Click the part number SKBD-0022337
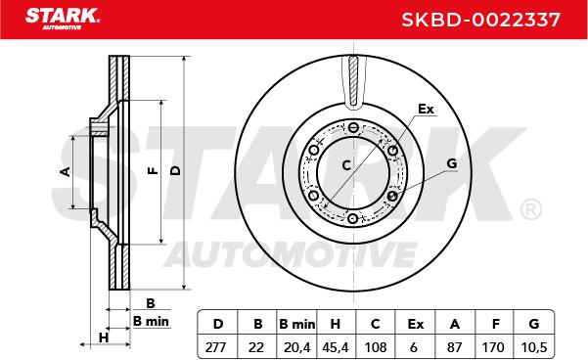pyautogui.click(x=480, y=20)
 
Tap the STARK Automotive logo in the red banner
pyautogui.click(x=63, y=19)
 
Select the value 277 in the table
pyautogui.click(x=216, y=347)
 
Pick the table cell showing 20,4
pyautogui.click(x=297, y=347)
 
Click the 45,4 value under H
pyautogui.click(x=336, y=347)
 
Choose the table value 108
pyautogui.click(x=376, y=347)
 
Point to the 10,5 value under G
pyautogui.click(x=534, y=347)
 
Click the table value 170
pyautogui.click(x=493, y=347)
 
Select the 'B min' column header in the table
pyautogui.click(x=297, y=325)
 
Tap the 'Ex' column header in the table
pyautogui.click(x=416, y=324)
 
